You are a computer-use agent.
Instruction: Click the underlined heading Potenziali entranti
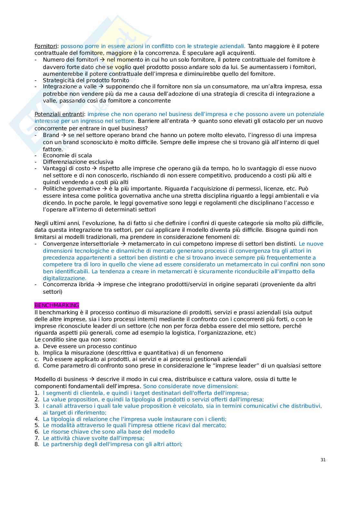point(59,114)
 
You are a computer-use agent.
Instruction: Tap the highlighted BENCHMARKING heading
point(57,305)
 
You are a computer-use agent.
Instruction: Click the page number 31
point(323,460)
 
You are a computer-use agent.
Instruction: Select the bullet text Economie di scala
point(67,155)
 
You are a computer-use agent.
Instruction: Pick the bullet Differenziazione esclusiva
point(78,162)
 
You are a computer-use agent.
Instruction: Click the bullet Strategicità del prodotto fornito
point(86,80)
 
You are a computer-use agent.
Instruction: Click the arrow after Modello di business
point(92,379)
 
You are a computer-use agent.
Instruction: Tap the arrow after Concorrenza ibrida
point(99,285)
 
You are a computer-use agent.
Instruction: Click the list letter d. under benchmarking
point(37,366)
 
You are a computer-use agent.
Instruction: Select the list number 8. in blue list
point(37,444)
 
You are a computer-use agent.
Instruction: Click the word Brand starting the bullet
point(51,135)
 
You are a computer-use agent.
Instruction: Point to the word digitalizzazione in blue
point(65,278)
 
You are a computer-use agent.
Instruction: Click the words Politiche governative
point(71,189)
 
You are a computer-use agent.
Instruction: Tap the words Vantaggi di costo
point(66,169)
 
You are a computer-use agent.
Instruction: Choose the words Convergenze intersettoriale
point(81,244)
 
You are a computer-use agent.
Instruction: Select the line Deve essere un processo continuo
point(90,346)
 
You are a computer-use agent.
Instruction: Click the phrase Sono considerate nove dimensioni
point(190,386)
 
